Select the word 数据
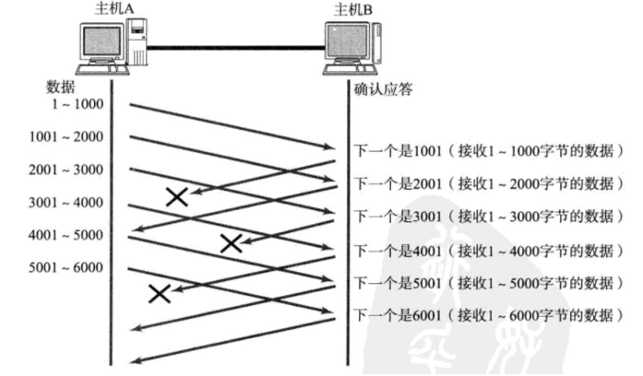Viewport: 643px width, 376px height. point(62,87)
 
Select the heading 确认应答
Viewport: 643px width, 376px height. point(385,90)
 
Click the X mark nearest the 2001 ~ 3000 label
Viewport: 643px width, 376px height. point(176,195)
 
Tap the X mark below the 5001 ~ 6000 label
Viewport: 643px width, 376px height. point(160,293)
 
